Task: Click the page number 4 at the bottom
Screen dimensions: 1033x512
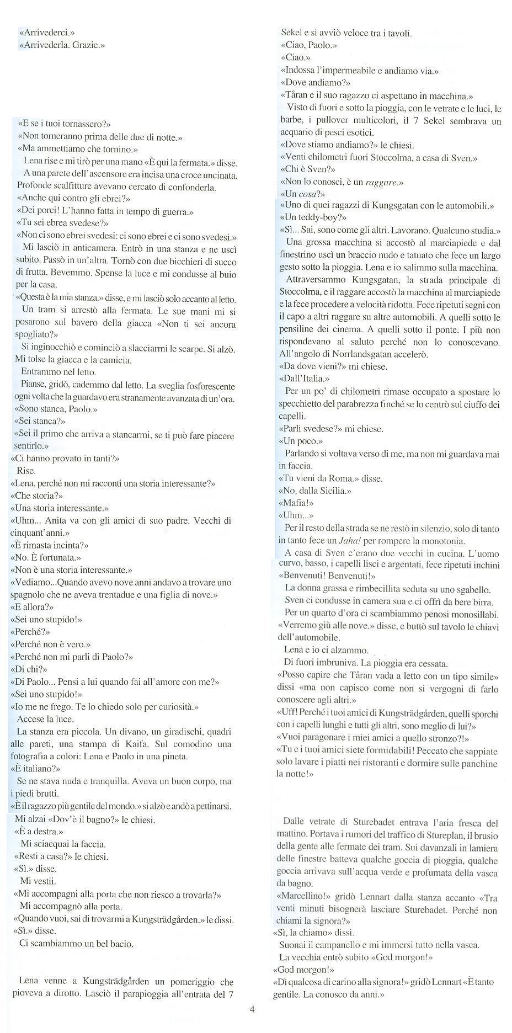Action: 252,1010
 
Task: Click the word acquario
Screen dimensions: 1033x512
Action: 296,132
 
